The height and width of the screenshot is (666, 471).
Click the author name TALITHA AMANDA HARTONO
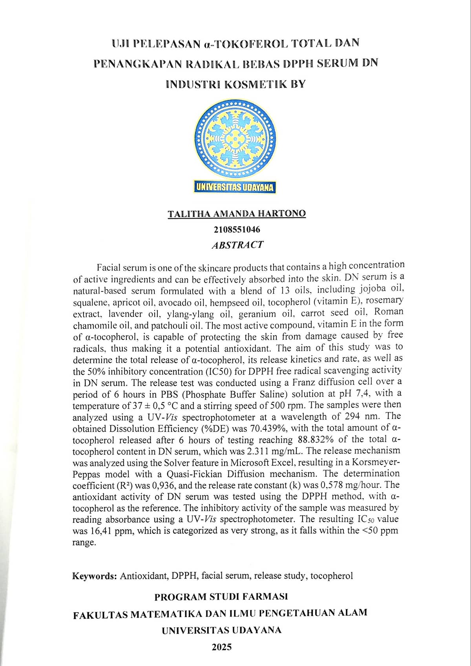pyautogui.click(x=237, y=214)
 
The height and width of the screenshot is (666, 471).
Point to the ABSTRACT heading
pyautogui.click(x=237, y=245)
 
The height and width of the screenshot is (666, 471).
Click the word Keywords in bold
pyautogui.click(x=94, y=576)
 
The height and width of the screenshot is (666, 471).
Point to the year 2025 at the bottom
pyautogui.click(x=222, y=647)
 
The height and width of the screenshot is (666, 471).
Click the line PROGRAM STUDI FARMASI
pyautogui.click(x=221, y=597)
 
